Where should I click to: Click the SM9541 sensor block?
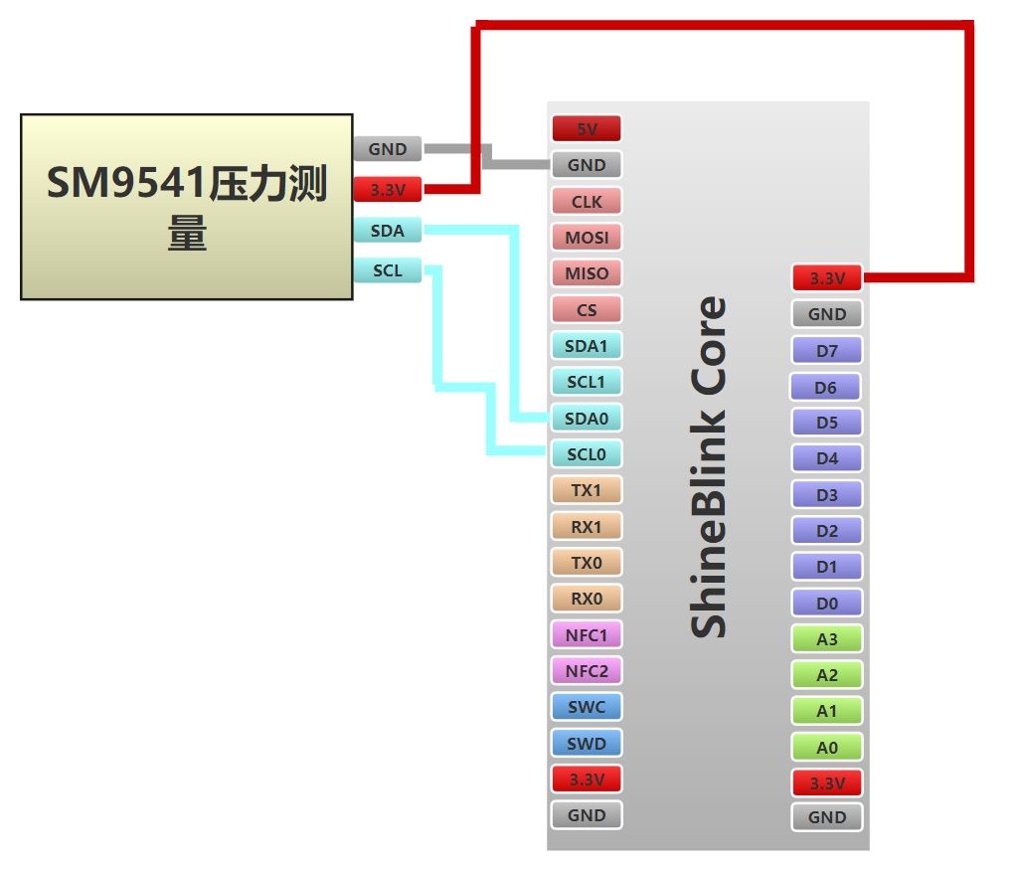pyautogui.click(x=187, y=207)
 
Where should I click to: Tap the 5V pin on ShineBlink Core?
pyautogui.click(x=587, y=128)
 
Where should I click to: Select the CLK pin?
pyautogui.click(x=587, y=201)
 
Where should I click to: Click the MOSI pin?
pyautogui.click(x=587, y=238)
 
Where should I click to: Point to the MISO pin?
pyautogui.click(x=587, y=273)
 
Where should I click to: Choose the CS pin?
pyautogui.click(x=587, y=309)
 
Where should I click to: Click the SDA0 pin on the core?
pyautogui.click(x=587, y=419)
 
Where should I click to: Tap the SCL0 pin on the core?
pyautogui.click(x=587, y=454)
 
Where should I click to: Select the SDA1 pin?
pyautogui.click(x=587, y=346)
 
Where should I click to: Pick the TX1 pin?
pyautogui.click(x=587, y=490)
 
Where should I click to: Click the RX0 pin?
pyautogui.click(x=587, y=599)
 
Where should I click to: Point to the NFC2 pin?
pyautogui.click(x=587, y=671)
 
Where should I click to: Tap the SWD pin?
pyautogui.click(x=587, y=743)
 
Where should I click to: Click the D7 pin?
pyautogui.click(x=827, y=351)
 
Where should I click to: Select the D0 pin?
pyautogui.click(x=827, y=603)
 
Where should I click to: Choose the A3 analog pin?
pyautogui.click(x=827, y=639)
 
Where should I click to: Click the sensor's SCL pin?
pyautogui.click(x=388, y=269)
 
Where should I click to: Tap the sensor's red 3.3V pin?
pyautogui.click(x=388, y=188)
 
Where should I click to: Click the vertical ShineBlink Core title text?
pyautogui.click(x=709, y=467)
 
